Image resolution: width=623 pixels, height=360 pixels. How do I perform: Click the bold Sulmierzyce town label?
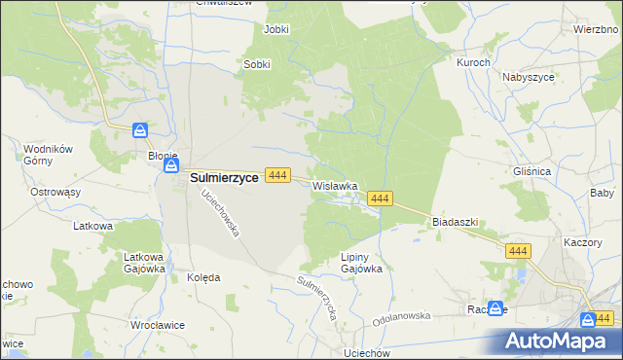[x=223, y=177]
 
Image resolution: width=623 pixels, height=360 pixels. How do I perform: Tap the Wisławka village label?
[x=336, y=185]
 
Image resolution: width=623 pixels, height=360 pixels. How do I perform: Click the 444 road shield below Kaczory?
[x=518, y=251]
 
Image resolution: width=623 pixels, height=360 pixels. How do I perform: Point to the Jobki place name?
[x=276, y=29]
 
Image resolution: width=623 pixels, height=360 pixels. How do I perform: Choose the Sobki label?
[x=256, y=65]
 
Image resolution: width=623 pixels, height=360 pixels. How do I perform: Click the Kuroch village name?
[x=473, y=61]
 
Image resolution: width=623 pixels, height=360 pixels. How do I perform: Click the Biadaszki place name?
[x=455, y=222]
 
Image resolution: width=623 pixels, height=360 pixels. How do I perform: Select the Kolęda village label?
[x=203, y=277]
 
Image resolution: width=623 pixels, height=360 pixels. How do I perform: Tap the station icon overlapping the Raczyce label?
[x=496, y=308]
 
